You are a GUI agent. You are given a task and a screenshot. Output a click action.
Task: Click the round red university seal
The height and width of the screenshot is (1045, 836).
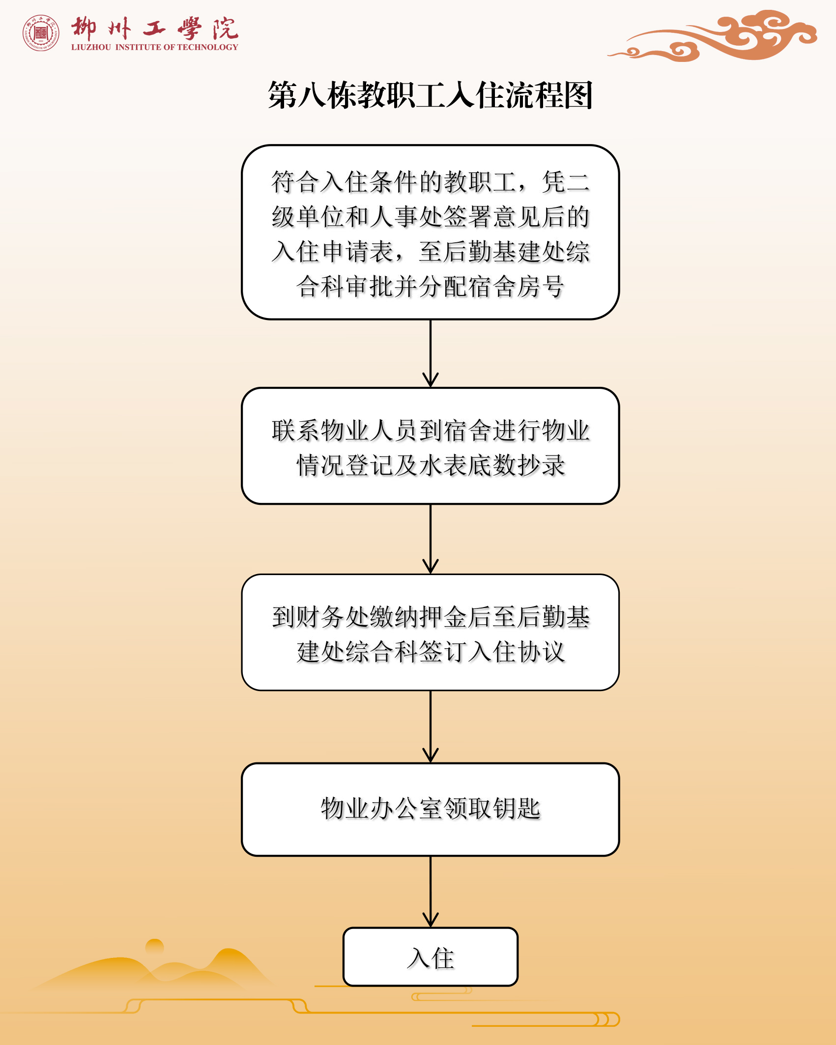tap(41, 32)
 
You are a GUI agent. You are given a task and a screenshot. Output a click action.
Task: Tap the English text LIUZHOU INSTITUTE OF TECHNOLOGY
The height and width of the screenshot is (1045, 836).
tap(154, 47)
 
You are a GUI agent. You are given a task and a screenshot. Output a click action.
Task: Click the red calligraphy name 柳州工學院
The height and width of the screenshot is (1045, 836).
tap(154, 28)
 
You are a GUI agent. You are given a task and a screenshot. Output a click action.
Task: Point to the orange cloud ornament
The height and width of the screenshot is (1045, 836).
tap(713, 36)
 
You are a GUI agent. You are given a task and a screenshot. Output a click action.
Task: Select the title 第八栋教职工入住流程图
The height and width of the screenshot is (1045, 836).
tap(430, 95)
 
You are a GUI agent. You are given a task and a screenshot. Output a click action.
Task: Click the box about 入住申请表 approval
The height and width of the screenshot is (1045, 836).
tap(430, 232)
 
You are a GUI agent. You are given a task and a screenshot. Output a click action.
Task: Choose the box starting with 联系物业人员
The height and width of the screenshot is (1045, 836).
tap(430, 446)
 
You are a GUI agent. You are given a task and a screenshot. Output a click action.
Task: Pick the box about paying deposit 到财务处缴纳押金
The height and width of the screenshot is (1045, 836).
tap(430, 633)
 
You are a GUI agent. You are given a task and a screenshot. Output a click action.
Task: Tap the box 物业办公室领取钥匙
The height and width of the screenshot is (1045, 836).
tap(430, 810)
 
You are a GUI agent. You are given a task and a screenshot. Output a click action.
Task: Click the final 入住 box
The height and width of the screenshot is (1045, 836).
tap(430, 957)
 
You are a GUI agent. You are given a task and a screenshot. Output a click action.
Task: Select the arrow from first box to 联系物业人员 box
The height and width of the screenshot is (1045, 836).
tap(431, 353)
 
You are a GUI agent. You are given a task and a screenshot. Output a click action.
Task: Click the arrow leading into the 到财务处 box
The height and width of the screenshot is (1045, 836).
tap(431, 539)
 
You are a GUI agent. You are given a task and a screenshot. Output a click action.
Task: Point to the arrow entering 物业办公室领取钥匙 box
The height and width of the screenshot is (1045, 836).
tap(431, 727)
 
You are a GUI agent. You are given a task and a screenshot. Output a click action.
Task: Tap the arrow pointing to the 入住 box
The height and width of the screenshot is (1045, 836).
tap(431, 892)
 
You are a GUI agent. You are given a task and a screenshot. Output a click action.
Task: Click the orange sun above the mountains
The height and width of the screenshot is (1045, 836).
tap(155, 947)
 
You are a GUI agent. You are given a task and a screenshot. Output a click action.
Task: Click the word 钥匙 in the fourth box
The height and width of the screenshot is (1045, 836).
tap(517, 809)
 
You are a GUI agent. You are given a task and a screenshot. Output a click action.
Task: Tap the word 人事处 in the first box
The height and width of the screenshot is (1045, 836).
tap(406, 217)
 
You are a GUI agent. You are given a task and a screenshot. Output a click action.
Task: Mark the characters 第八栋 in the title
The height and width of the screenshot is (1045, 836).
tap(313, 95)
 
